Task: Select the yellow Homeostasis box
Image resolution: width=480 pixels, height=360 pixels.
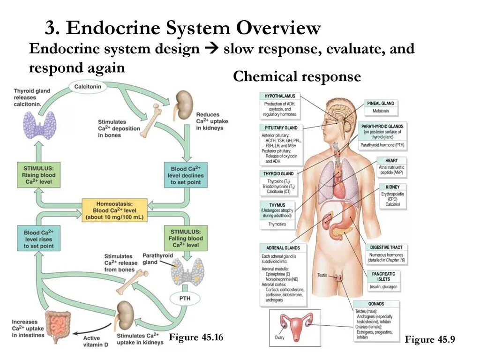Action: [x=114, y=210]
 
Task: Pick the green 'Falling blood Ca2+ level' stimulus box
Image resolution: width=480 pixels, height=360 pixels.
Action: [x=186, y=238]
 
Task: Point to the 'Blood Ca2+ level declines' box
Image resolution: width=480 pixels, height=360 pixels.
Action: [x=186, y=175]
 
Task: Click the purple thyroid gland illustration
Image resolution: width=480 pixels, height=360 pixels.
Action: [x=38, y=125]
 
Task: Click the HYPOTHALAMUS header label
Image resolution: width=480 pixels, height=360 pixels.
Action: [x=280, y=96]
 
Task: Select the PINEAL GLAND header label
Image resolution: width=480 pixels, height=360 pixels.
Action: [x=381, y=103]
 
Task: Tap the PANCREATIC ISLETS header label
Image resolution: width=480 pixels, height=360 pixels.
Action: [x=383, y=276]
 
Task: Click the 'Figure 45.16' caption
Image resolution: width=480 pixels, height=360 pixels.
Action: [x=196, y=337]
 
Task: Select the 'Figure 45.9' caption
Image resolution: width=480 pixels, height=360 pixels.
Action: [x=430, y=340]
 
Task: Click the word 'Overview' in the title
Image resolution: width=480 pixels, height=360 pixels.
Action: [x=278, y=29]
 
